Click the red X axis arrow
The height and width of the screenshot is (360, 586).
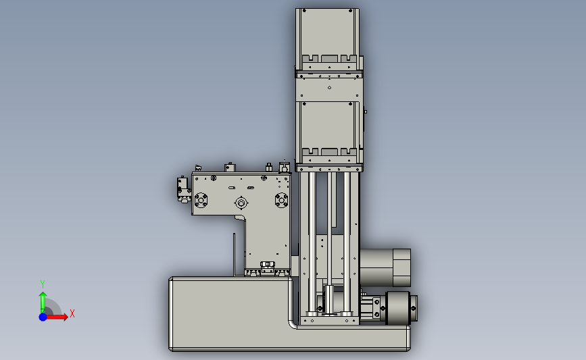pos(56,317)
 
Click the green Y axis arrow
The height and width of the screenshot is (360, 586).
pos(43,303)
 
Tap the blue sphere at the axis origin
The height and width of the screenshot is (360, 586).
pos(43,317)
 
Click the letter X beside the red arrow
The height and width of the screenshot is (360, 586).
pos(72,313)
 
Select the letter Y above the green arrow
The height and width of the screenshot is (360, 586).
pos(42,284)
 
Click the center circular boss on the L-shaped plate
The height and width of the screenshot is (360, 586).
pos(241,203)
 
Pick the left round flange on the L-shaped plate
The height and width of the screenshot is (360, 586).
pos(201,200)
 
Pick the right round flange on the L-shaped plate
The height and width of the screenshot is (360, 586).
pos(281,200)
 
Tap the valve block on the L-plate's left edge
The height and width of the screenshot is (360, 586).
pos(183,189)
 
